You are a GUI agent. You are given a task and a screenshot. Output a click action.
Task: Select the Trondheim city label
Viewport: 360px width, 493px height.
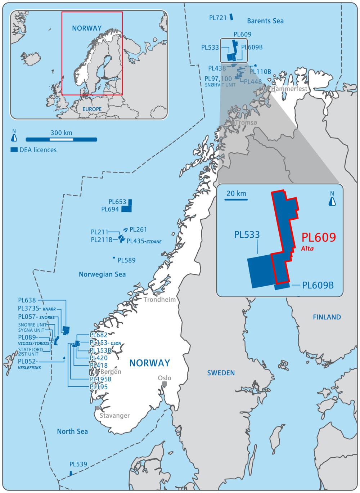[x=160, y=300]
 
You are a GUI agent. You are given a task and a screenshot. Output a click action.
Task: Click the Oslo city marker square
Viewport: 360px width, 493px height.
[x=165, y=384]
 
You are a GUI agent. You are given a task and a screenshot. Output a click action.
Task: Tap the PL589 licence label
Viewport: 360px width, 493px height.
[x=127, y=260]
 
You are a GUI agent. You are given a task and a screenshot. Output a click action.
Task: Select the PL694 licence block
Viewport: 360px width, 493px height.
[x=126, y=209]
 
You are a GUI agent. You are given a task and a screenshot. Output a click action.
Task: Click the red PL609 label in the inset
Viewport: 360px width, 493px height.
[x=319, y=237]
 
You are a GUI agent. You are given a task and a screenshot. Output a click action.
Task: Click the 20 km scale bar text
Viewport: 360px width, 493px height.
[x=237, y=194]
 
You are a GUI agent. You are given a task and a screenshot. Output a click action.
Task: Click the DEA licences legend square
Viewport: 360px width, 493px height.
[x=14, y=149]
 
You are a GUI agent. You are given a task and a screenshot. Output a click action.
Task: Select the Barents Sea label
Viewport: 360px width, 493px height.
[x=265, y=21]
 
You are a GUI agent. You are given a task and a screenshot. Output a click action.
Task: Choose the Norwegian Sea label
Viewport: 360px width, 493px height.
[x=102, y=275]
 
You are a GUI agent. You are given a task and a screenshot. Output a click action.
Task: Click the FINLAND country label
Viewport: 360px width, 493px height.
[x=327, y=317]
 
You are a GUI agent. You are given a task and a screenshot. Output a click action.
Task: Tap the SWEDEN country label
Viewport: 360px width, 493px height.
[x=221, y=373]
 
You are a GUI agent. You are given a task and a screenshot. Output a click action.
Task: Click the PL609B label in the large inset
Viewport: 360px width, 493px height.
[x=318, y=286]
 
